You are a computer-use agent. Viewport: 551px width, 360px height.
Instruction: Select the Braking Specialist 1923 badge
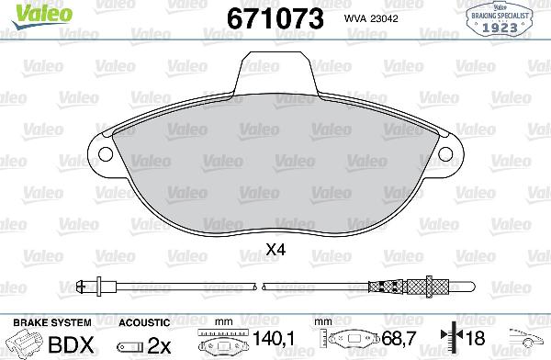tap(501, 19)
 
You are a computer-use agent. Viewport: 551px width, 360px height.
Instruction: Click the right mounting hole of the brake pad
tap(447, 152)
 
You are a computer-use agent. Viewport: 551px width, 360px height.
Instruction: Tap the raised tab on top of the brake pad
tap(275, 69)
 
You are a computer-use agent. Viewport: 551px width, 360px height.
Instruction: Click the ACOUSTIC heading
tap(144, 322)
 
